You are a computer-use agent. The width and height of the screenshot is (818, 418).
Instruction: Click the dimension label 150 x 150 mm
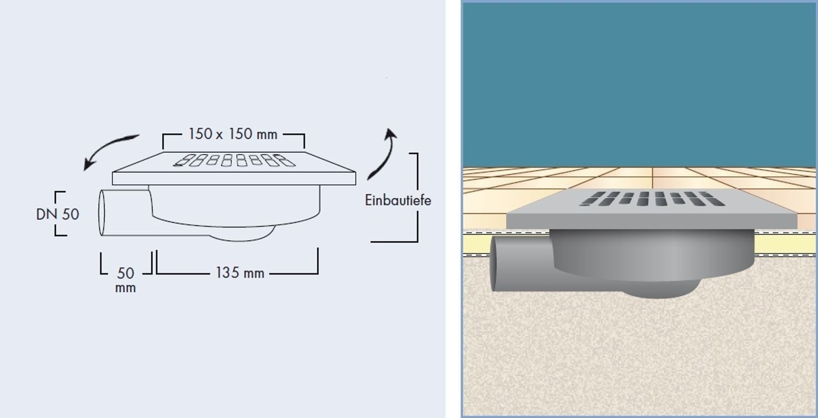233,134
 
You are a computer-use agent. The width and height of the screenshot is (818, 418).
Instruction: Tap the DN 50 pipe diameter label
58,214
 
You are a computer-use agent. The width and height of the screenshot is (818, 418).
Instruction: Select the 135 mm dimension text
240,273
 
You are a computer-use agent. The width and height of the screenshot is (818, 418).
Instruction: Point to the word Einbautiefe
398,200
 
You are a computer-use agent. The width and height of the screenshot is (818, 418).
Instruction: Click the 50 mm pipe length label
126,280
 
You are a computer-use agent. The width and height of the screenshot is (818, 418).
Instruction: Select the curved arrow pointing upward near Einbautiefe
384,153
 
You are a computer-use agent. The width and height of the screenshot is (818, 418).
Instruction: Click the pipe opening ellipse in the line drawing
102,213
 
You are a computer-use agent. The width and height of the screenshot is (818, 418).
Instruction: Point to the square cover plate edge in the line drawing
234,178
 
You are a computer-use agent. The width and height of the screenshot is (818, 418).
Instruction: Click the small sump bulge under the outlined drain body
242,234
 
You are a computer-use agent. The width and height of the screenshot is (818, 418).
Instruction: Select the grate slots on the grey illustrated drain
652,199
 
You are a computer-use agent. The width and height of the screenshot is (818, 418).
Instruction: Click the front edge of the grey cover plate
651,221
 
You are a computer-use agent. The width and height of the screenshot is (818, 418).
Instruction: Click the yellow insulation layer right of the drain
785,244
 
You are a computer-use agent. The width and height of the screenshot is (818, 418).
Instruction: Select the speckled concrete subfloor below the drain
639,351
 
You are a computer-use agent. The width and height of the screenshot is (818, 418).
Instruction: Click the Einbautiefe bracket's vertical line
417,197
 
